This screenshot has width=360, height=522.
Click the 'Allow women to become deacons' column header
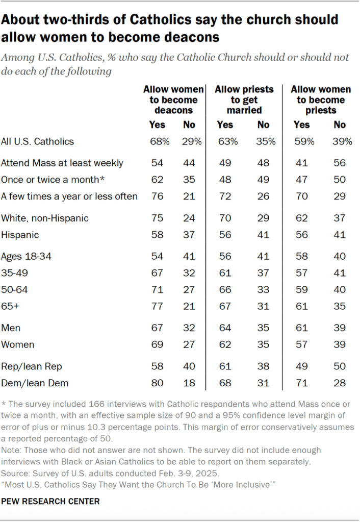[173, 100]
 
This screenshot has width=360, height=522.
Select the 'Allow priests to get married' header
[244, 100]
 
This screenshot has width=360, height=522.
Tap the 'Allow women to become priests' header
[321, 100]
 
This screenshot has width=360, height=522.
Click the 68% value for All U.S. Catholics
[160, 142]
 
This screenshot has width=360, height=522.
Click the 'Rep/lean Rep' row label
[25, 366]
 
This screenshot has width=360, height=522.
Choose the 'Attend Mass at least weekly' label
[62, 163]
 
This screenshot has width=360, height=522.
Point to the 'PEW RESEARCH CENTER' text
[50, 501]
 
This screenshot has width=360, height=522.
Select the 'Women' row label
[18, 344]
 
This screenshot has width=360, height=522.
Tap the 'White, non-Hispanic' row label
[45, 218]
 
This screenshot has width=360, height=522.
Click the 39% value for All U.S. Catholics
[342, 142]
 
